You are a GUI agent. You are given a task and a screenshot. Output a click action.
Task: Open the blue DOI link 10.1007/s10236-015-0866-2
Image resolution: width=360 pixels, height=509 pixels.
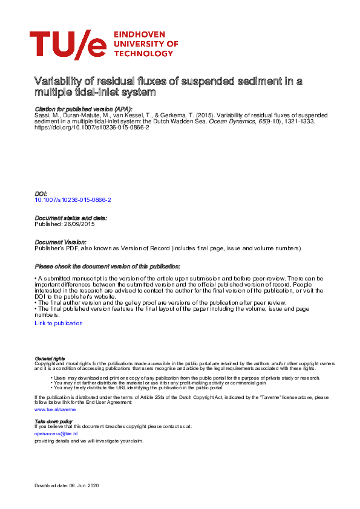click(x=73, y=199)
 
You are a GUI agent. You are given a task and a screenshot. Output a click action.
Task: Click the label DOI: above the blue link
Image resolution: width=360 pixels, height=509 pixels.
click(x=41, y=193)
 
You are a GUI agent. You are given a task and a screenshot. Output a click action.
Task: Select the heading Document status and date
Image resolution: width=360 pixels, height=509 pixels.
click(x=71, y=218)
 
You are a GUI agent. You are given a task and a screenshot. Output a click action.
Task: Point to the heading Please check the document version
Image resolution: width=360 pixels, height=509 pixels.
click(x=107, y=266)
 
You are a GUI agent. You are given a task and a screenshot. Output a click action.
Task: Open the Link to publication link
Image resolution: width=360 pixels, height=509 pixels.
click(x=59, y=323)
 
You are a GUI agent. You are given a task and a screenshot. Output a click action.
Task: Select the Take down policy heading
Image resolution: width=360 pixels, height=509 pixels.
click(x=53, y=421)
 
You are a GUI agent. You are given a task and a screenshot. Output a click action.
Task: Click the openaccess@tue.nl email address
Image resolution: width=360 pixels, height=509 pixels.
click(x=56, y=433)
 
